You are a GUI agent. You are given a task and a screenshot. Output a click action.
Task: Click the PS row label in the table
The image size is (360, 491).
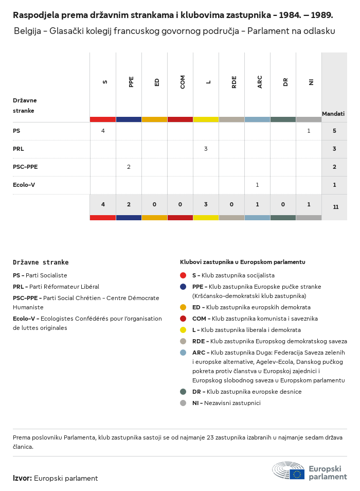coord(16,131)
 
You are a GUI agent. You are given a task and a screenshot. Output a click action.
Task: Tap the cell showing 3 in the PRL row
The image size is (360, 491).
coord(206,149)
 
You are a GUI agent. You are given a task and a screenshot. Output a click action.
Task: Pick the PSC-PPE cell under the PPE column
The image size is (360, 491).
coord(129,167)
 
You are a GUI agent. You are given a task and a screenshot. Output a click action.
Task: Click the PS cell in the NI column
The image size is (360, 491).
coord(309,131)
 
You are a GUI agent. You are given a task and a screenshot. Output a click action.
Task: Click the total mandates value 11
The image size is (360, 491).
coord(335,207)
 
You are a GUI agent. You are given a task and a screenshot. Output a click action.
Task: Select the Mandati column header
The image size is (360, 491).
coord(333,114)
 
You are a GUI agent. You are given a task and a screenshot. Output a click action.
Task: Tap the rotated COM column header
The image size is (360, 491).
coord(183,82)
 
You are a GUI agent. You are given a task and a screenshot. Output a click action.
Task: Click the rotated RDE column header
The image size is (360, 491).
coord(234,82)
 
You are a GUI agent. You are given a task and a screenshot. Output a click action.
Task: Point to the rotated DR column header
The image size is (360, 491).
coord(285,82)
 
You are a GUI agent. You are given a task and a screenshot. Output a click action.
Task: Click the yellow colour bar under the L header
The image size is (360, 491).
coord(206,119)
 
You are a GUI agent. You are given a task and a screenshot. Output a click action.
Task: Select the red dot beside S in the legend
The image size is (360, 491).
coord(183,275)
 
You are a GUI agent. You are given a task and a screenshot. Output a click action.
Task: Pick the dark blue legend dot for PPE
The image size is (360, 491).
coord(183,287)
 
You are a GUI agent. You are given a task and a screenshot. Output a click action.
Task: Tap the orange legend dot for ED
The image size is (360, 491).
coord(183,307)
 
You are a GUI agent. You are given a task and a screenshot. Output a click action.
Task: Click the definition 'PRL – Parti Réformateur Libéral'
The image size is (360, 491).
coord(56,287)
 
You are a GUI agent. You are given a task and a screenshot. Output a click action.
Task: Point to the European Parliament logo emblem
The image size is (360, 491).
coord(288,471)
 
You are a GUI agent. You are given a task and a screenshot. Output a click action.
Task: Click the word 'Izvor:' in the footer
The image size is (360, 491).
coord(22,479)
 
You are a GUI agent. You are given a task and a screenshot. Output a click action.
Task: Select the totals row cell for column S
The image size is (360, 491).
coord(103,204)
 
